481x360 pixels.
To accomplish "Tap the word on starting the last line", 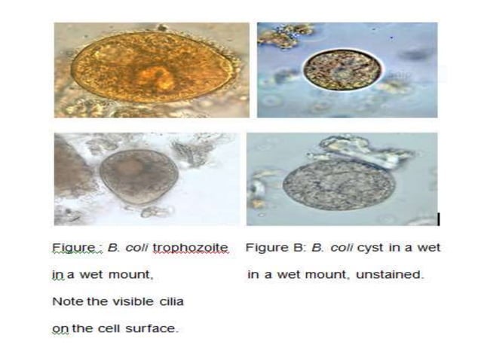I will pos(58,329).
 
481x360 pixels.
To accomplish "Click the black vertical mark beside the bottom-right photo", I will pos(438,219).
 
